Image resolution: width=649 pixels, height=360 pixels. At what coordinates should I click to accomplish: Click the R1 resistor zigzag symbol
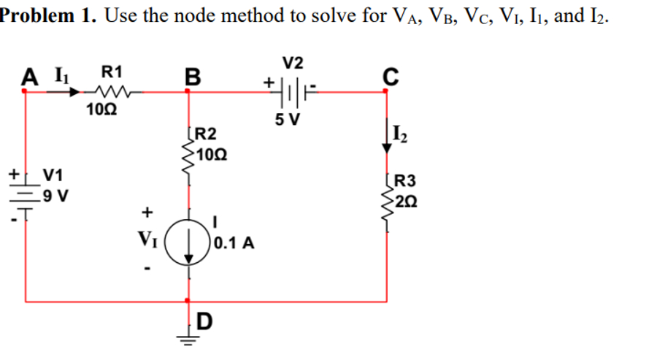point(113,92)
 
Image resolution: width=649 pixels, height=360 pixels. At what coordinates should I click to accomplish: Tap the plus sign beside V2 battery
point(271,83)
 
